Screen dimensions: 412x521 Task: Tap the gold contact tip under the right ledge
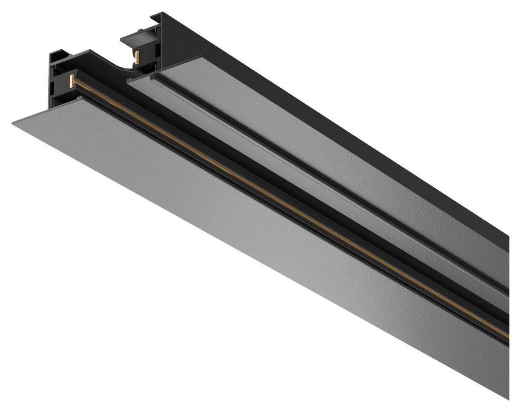(137, 57)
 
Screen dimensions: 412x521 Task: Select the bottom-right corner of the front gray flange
(508, 398)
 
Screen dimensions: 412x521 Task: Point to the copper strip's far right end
(507, 336)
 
